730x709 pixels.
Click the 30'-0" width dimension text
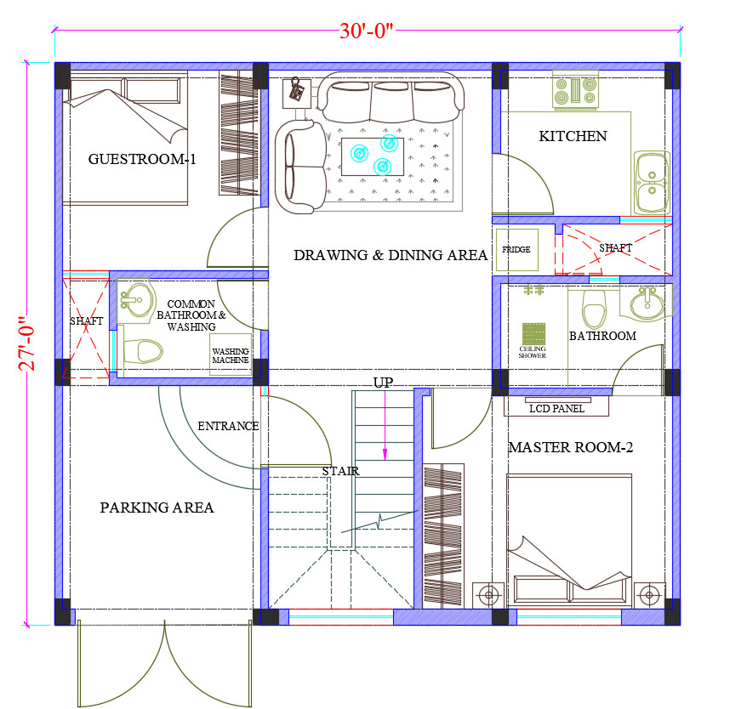[366, 31]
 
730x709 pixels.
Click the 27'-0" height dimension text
[27, 343]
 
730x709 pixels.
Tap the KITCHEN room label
[573, 136]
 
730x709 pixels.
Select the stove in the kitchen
[575, 90]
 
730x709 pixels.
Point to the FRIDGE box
[516, 250]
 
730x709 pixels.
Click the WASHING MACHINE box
[231, 354]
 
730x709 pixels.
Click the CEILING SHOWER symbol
[533, 334]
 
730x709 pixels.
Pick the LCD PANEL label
[556, 408]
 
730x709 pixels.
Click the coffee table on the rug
[373, 156]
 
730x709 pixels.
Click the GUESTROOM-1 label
[142, 159]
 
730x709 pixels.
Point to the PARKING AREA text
[157, 507]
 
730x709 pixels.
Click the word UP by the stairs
[383, 383]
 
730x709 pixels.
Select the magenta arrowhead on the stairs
[385, 455]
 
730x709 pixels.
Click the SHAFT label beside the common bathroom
[86, 321]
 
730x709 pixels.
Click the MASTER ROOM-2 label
[570, 447]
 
